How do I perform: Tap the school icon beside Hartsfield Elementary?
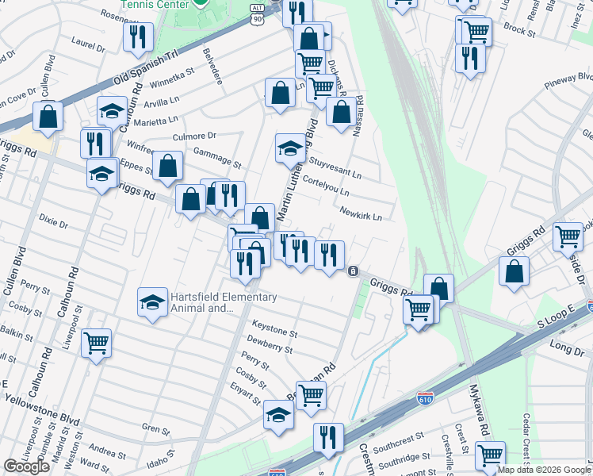pyautogui.click(x=152, y=302)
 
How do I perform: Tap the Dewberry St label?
pyautogui.click(x=270, y=344)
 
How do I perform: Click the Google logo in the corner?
pyautogui.click(x=26, y=467)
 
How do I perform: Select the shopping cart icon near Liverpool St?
pyautogui.click(x=97, y=344)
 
